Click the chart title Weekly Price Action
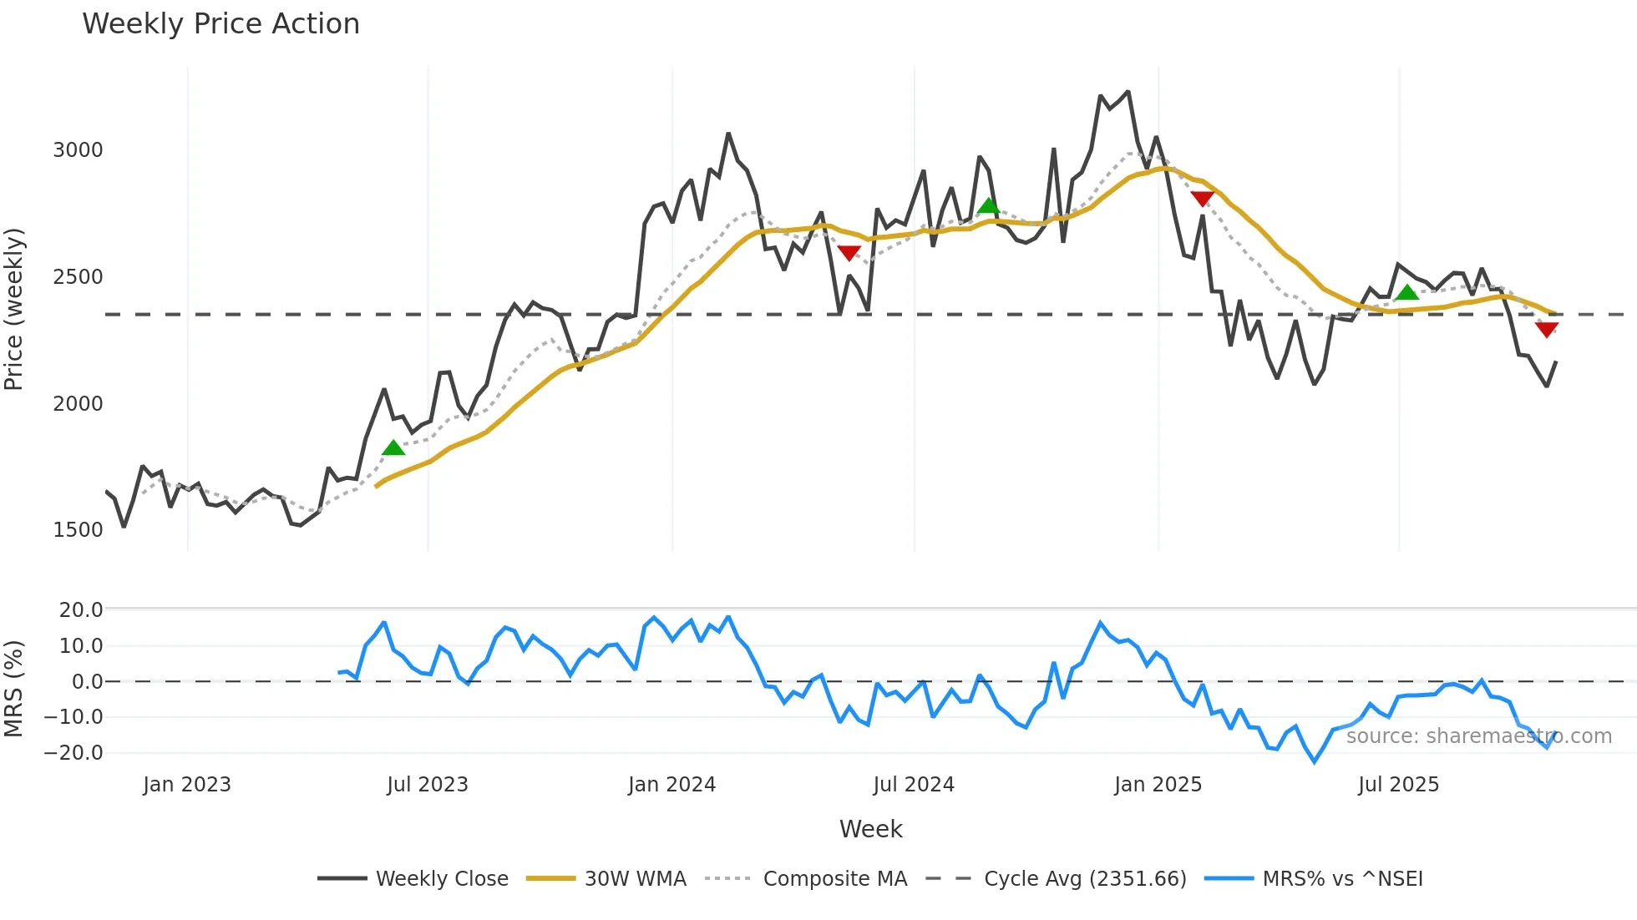pos(220,24)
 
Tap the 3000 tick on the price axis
pos(78,150)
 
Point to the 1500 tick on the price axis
pos(78,530)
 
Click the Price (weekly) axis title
pos(14,309)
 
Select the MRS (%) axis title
pos(14,689)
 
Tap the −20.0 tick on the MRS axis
pos(73,753)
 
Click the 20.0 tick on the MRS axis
pos(80,610)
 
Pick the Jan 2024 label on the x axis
pos(672,785)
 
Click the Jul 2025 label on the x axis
pos(1398,785)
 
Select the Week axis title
pos(870,829)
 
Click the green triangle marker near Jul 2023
pos(393,448)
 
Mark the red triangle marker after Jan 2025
pos(1202,199)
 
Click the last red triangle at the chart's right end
pos(1546,330)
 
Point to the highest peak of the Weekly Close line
pos(1128,92)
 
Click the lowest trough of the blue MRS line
pos(1315,761)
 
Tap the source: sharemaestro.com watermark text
pos(1478,736)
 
